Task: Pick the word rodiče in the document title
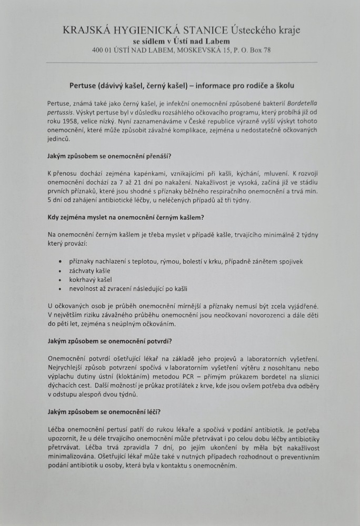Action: tap(251, 85)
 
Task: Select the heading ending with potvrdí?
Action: tap(109, 342)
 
